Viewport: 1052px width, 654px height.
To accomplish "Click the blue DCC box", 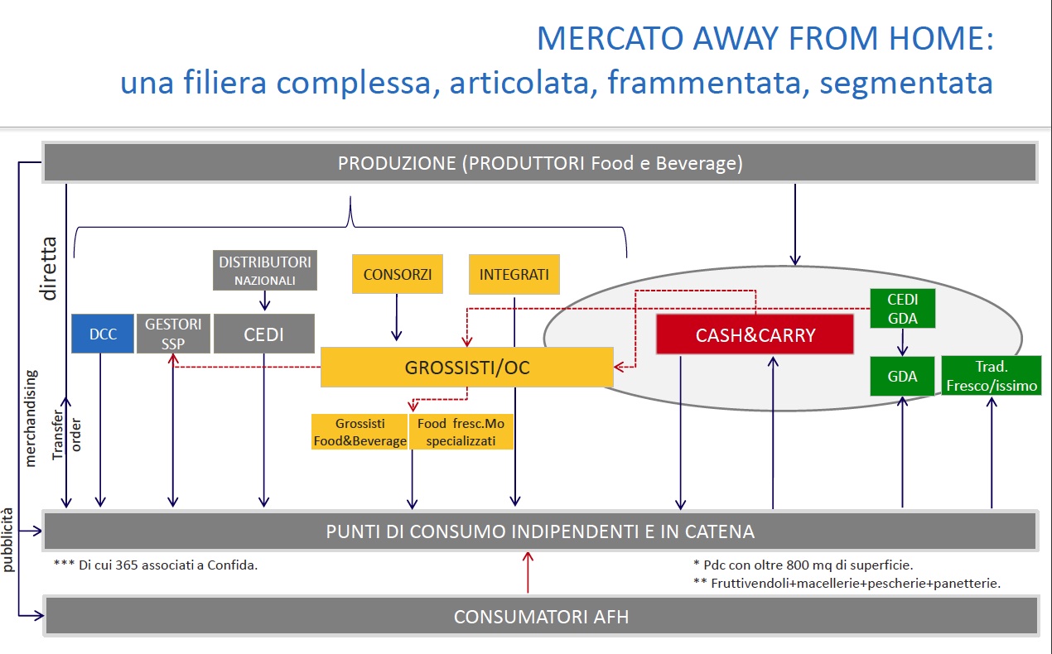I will [x=102, y=334].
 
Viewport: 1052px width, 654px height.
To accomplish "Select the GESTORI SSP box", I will [x=173, y=334].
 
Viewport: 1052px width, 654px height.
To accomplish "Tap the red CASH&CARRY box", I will [x=755, y=335].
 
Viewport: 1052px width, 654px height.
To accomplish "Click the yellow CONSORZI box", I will [x=396, y=274].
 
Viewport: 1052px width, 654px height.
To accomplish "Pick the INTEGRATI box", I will [x=514, y=274].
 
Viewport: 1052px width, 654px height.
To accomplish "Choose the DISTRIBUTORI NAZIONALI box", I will [x=265, y=270].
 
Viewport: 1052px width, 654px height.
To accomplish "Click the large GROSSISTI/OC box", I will [x=466, y=367].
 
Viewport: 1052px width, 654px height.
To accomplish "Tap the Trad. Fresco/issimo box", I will [x=991, y=376].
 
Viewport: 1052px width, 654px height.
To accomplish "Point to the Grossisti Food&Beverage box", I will [x=360, y=432].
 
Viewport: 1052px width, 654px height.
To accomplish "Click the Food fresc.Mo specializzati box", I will [x=461, y=432].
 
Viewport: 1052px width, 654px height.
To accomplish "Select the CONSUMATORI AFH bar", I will [x=540, y=617].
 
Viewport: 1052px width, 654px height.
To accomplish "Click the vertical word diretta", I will [x=49, y=267].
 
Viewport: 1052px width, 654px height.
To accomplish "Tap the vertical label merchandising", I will [x=31, y=418].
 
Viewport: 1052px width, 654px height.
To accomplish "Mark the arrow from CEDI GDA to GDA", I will [x=902, y=341].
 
